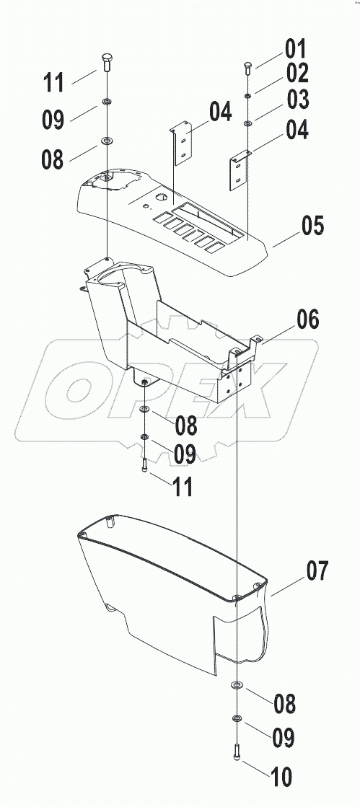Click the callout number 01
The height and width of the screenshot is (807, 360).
(295, 50)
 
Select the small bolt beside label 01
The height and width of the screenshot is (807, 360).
(247, 68)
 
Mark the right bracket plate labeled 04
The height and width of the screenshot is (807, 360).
(240, 170)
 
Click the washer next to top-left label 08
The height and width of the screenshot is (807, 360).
(107, 139)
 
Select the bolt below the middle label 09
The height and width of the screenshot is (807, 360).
(145, 464)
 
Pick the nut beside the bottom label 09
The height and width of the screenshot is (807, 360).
(237, 718)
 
